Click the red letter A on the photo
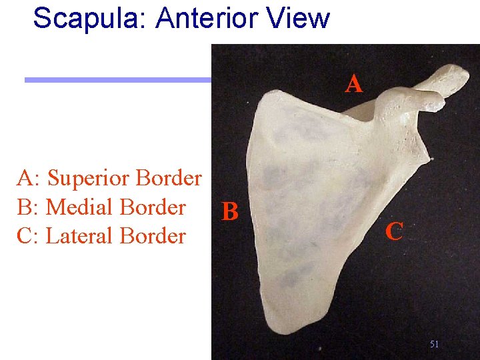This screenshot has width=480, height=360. (354, 84)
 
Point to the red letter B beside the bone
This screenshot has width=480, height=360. (230, 212)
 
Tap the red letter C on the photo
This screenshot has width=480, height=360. (394, 232)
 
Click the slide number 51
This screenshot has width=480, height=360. (434, 344)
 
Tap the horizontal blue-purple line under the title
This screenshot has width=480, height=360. (117, 80)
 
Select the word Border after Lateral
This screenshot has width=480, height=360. (153, 236)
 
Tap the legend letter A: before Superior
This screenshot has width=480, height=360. (29, 179)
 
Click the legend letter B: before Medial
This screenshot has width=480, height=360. (29, 207)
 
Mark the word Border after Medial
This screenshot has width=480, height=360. (154, 207)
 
